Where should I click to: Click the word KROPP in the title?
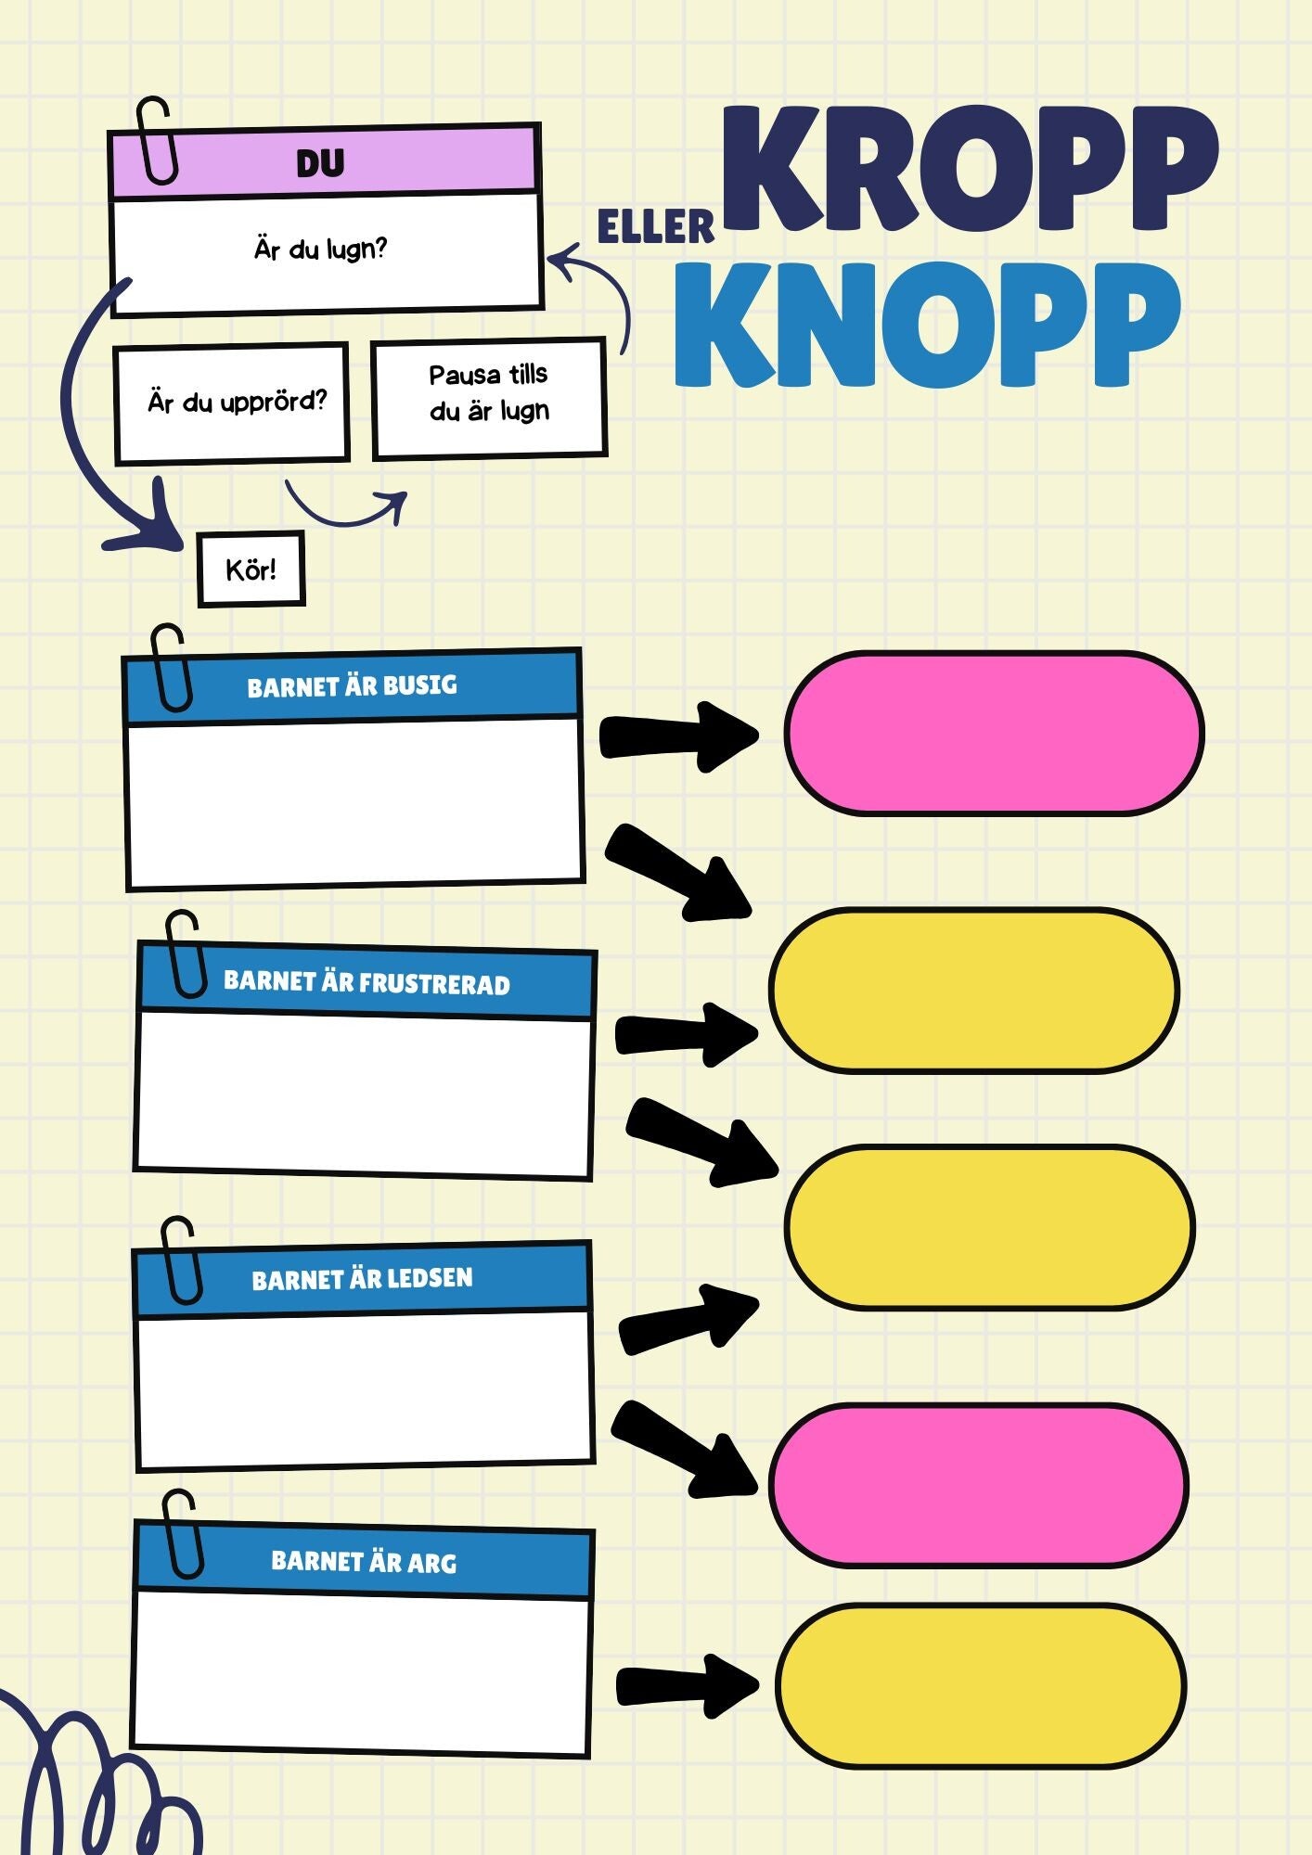[x=970, y=169]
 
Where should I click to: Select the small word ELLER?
[x=655, y=227]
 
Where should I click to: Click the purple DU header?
[x=321, y=163]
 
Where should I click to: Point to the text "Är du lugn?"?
[x=321, y=249]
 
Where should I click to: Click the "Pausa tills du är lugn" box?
[x=489, y=393]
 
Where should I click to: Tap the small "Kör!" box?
[x=251, y=569]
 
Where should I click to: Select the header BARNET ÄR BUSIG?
[x=353, y=686]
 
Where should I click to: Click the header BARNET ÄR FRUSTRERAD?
[x=367, y=982]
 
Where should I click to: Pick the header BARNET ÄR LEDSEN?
[x=362, y=1279]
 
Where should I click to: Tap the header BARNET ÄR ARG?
[x=364, y=1562]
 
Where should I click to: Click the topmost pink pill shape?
[x=993, y=734]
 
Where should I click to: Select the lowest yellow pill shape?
[x=980, y=1685]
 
